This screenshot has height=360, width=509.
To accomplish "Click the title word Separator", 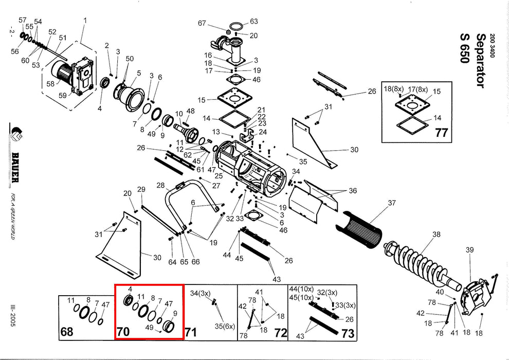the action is point(483,60).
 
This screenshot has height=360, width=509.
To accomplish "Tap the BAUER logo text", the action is point(15,167).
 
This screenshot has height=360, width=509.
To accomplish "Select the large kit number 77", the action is point(441,133).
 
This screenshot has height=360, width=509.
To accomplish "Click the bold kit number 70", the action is point(123,331).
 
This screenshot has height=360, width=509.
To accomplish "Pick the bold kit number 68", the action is point(67,332).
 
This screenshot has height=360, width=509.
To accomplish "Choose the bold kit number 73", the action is point(347,333).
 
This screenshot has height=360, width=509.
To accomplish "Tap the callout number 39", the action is point(469,250).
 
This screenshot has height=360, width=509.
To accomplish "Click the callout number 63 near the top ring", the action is point(253,22).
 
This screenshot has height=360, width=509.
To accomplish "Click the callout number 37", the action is point(392,203).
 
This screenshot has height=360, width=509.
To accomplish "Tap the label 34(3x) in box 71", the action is point(201,294).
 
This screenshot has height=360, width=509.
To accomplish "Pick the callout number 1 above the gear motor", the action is point(85,21).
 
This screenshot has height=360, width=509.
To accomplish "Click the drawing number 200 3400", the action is point(492,45).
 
